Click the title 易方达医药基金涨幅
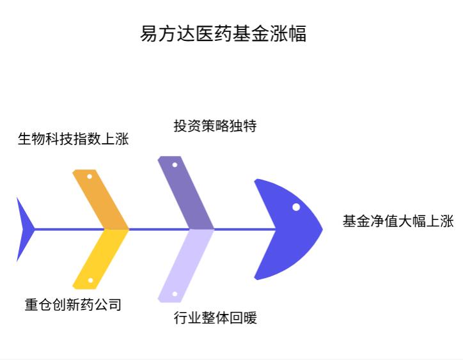(x=223, y=33)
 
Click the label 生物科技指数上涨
(x=73, y=139)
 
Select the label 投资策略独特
(x=215, y=126)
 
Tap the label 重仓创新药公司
(x=73, y=304)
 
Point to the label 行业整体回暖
(x=215, y=318)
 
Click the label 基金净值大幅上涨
(x=398, y=222)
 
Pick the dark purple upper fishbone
(x=185, y=192)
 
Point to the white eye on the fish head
(x=296, y=207)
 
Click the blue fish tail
(x=24, y=229)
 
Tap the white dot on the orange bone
(x=90, y=176)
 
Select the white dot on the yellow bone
(x=90, y=280)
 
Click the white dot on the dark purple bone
(x=175, y=165)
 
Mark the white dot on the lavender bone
(x=175, y=294)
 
